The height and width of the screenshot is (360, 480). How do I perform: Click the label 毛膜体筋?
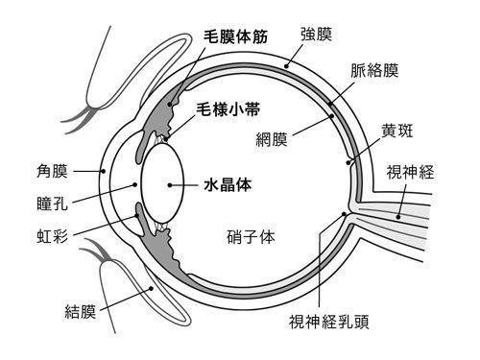(236, 36)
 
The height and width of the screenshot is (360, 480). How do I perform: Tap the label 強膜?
(316, 35)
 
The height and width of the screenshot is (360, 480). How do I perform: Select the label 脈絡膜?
(374, 70)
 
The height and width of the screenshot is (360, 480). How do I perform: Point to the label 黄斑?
(396, 131)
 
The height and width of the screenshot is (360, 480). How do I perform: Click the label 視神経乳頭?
(329, 322)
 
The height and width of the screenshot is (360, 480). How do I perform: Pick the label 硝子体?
(251, 237)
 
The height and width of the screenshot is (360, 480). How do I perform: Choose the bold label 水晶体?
(228, 185)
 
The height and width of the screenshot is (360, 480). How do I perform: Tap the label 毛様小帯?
(228, 109)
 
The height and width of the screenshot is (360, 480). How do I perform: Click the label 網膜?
(272, 139)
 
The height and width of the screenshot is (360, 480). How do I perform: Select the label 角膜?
(52, 171)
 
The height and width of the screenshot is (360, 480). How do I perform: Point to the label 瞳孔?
(52, 204)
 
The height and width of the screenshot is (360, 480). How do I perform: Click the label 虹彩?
(52, 237)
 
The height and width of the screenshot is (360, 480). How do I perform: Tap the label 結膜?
(81, 311)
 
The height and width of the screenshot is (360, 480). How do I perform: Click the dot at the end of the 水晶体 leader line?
(170, 185)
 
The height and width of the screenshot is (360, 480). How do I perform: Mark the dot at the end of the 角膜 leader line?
(103, 171)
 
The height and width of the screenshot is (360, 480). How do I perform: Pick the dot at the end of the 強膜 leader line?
(286, 66)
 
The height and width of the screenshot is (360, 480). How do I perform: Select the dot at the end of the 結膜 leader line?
(151, 289)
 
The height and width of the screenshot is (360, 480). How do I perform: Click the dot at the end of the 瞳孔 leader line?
(134, 184)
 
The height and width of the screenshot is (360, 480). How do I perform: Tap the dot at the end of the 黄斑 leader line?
(348, 162)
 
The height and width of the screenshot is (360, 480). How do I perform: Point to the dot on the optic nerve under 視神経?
(398, 217)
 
